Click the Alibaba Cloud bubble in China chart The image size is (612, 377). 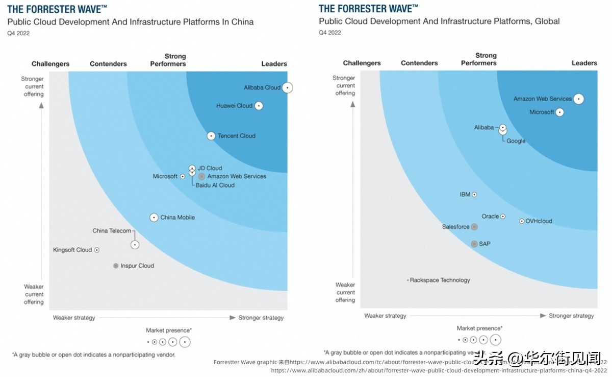[x=288, y=88]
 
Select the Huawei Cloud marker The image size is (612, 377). [x=259, y=106]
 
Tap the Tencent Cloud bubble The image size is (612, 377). [x=211, y=136]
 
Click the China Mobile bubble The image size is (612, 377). [x=154, y=218]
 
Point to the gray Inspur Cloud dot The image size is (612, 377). [x=116, y=266]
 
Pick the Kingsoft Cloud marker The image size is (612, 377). [x=97, y=250]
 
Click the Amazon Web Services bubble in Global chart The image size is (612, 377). [x=578, y=99]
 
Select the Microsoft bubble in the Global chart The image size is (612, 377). [x=559, y=112]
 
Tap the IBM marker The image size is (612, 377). [x=474, y=195]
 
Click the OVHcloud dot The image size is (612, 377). [x=521, y=221]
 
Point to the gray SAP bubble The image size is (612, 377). [x=474, y=244]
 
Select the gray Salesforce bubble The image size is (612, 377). [x=474, y=227]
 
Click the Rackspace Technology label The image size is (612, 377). [x=440, y=280]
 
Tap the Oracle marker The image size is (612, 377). [x=503, y=217]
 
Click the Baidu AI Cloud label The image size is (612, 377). [x=215, y=185]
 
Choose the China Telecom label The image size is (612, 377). [x=112, y=231]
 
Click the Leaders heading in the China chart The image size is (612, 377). [x=274, y=64]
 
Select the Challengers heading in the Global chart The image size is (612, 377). [x=362, y=63]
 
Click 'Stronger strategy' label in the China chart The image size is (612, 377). [x=261, y=318]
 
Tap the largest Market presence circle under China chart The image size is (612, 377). [x=185, y=342]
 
